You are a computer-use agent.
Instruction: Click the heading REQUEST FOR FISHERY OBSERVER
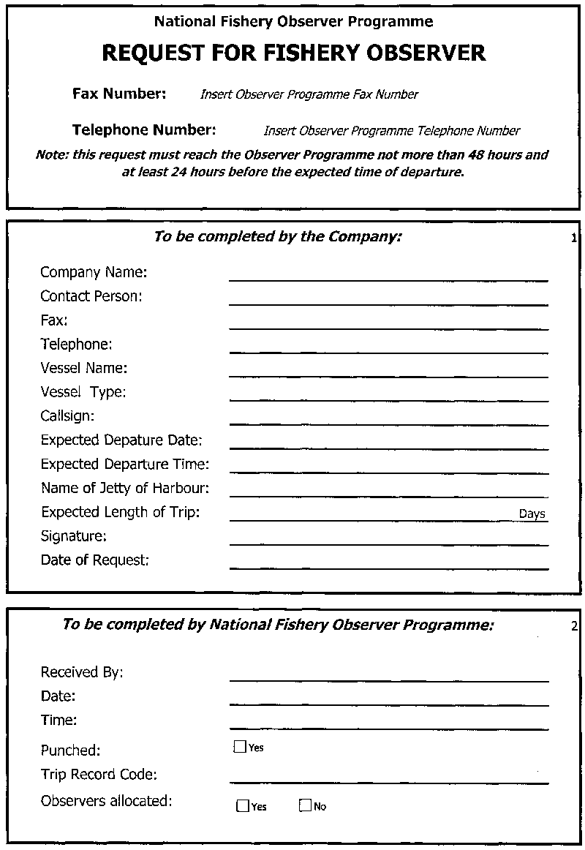(x=293, y=53)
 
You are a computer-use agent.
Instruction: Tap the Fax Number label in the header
(x=119, y=94)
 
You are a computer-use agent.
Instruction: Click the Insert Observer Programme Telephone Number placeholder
(x=391, y=131)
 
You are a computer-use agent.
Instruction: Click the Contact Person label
(x=91, y=296)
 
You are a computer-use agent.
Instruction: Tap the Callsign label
(x=68, y=416)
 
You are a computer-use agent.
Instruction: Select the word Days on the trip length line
(x=532, y=514)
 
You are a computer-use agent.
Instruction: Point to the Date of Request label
(x=95, y=560)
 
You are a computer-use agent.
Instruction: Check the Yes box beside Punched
(x=239, y=747)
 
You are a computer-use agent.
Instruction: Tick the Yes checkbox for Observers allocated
(x=243, y=806)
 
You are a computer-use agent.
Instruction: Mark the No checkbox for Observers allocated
(x=305, y=806)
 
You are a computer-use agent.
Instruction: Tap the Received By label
(x=82, y=672)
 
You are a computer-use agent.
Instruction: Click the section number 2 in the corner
(x=574, y=626)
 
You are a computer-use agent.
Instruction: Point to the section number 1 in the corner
(x=574, y=238)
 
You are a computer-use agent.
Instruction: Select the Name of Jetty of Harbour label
(x=125, y=488)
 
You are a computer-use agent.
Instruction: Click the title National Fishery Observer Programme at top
(x=293, y=22)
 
